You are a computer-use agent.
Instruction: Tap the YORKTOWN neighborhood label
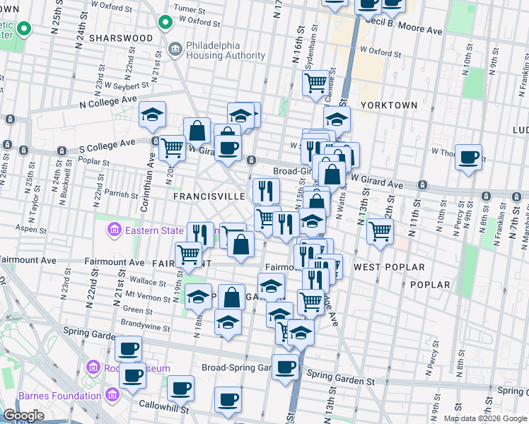point(389,105)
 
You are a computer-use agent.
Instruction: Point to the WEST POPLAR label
point(389,267)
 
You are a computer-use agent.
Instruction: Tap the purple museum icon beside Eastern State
point(113,230)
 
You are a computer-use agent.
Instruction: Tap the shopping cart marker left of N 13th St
point(380,230)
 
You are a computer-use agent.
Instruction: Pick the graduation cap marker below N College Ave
point(152,116)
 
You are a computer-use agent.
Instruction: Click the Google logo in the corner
point(23,416)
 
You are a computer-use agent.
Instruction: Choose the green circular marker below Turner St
point(165,23)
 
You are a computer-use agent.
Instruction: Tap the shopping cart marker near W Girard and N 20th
point(172,148)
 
